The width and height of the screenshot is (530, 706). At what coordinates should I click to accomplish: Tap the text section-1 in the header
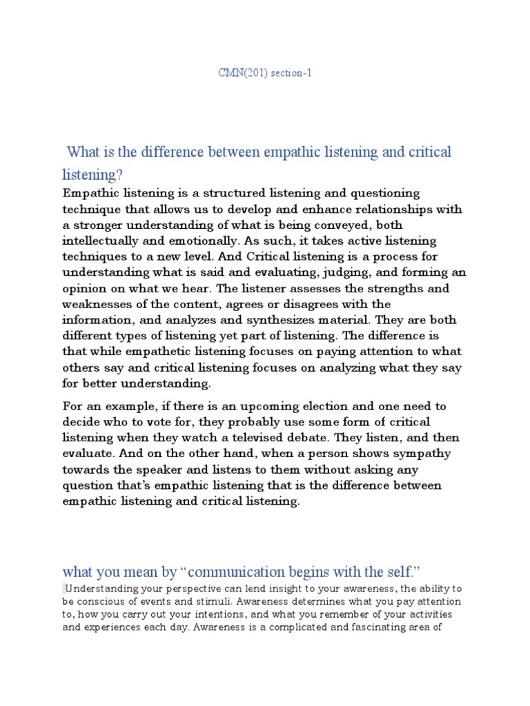tap(290, 72)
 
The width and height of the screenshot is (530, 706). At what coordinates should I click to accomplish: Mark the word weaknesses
tap(101, 304)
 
